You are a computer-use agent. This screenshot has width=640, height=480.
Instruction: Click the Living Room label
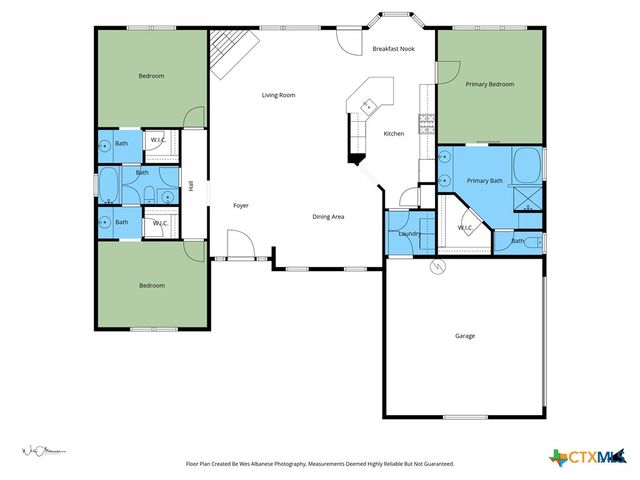point(278,95)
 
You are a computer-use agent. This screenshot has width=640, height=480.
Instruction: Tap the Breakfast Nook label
point(393,49)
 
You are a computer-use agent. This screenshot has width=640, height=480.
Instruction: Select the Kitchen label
point(394,133)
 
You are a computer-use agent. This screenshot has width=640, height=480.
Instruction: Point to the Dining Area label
point(328,216)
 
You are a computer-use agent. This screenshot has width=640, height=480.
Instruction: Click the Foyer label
point(240,205)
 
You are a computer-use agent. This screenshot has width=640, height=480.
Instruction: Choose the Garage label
point(465,335)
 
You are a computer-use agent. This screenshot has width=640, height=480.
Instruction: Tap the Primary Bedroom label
point(490,84)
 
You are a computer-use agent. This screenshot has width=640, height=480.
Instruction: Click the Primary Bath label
point(484,180)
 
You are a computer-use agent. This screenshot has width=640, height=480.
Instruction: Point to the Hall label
point(190,185)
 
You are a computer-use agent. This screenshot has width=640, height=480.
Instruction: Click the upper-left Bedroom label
point(151,76)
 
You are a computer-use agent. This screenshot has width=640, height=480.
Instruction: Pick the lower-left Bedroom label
point(151,286)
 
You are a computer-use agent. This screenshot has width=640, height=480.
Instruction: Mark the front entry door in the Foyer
point(240,246)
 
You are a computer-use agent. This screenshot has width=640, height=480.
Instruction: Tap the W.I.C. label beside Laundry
point(465,228)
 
